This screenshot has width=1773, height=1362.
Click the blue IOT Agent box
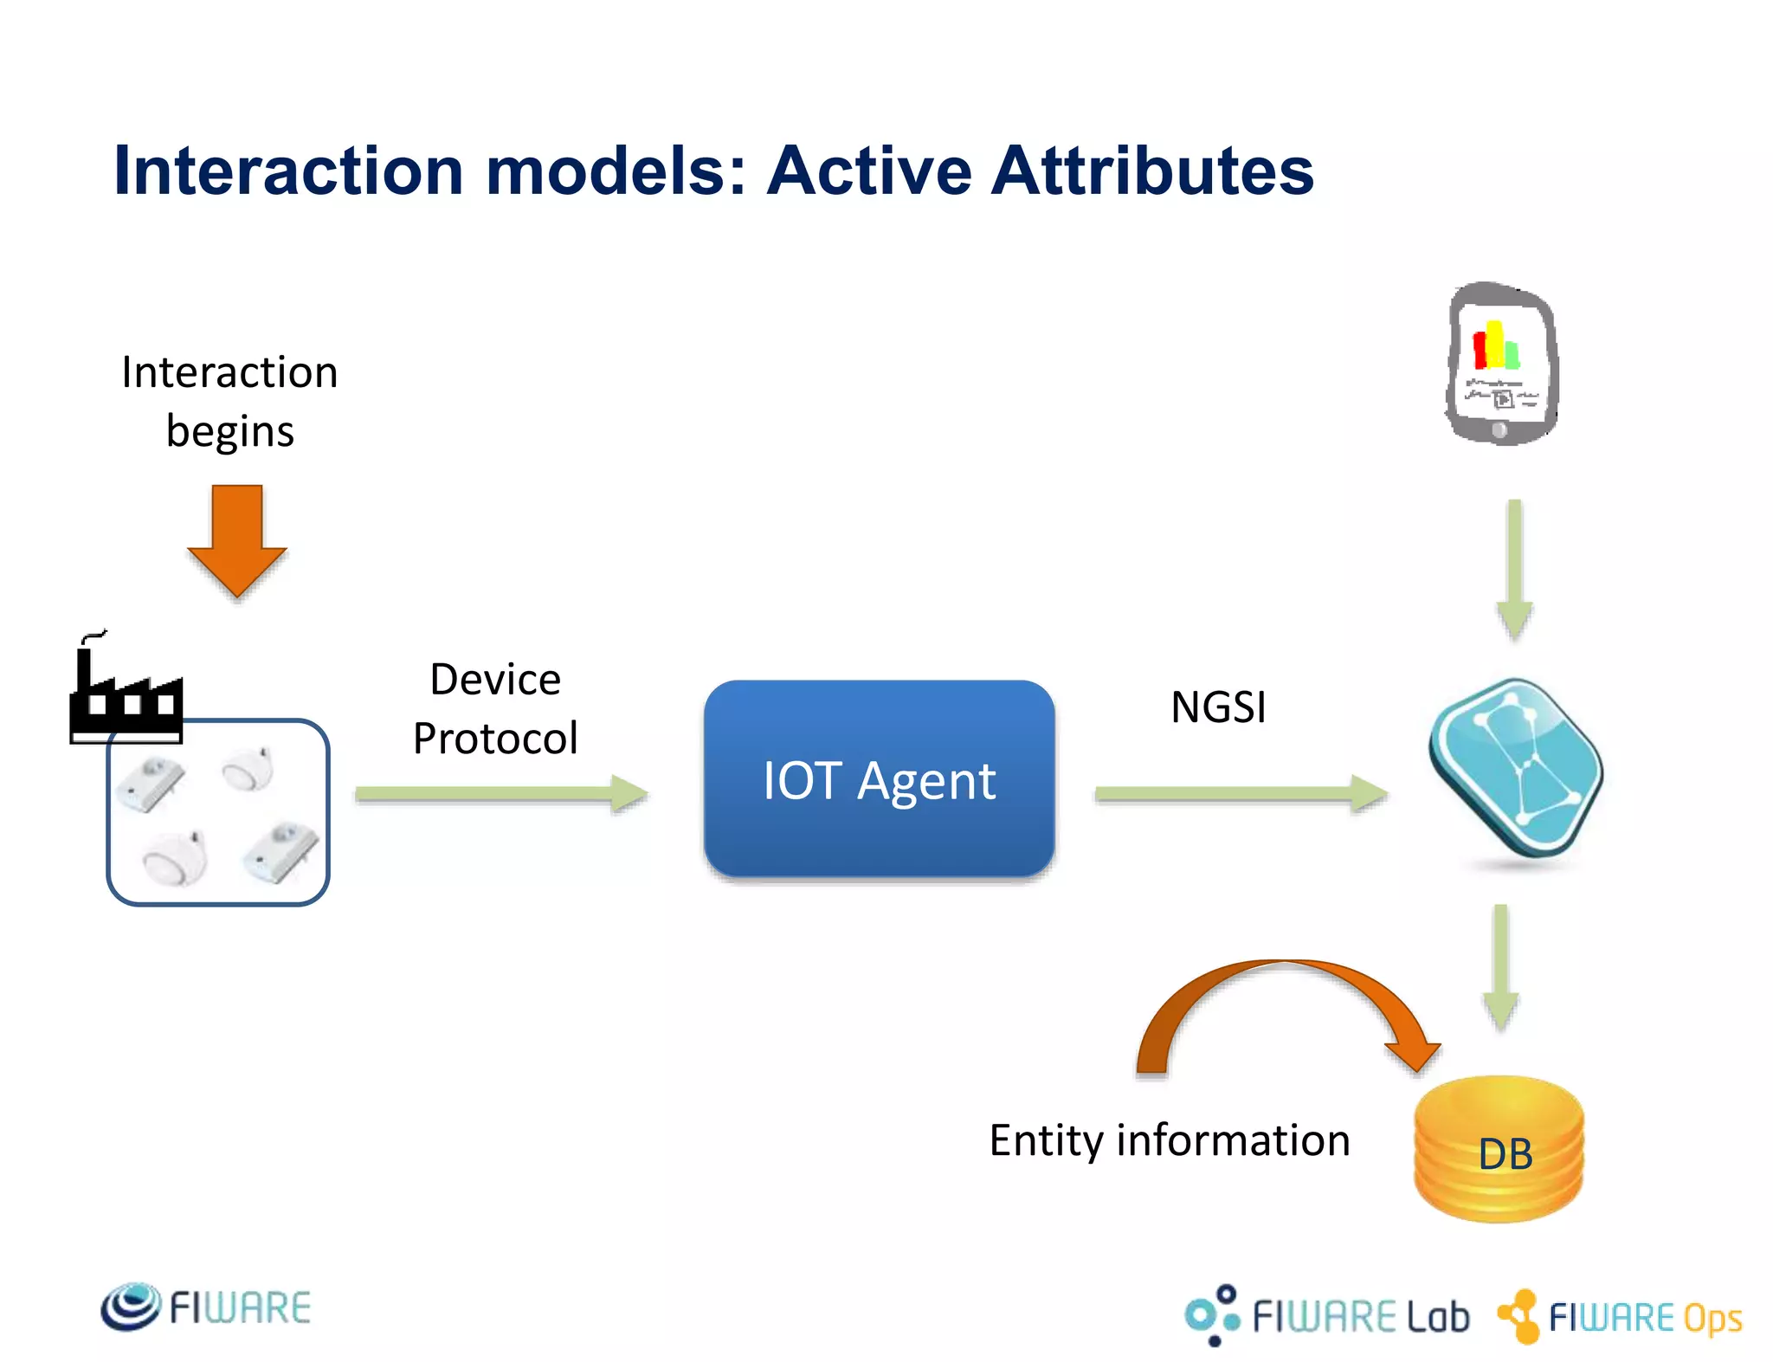[x=879, y=779]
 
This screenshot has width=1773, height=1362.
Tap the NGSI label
[x=1218, y=707]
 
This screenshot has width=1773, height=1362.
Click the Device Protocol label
[x=495, y=708]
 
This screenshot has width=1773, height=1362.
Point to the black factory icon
[x=126, y=693]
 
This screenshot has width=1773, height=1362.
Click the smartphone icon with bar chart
[x=1502, y=364]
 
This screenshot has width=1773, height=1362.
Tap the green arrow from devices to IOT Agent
[x=500, y=794]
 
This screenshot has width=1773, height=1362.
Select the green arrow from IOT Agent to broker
[x=1240, y=794]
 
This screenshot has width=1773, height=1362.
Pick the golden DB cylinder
[x=1499, y=1150]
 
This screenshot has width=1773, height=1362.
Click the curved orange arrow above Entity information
[x=1281, y=996]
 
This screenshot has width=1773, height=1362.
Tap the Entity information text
[x=1170, y=1140]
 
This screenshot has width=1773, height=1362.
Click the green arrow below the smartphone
[x=1514, y=567]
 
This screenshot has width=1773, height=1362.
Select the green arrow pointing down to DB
[x=1500, y=965]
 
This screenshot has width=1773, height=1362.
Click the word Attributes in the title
[x=1152, y=171]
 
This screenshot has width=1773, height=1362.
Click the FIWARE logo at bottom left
[x=206, y=1307]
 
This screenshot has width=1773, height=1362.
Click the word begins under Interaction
[x=229, y=431]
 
